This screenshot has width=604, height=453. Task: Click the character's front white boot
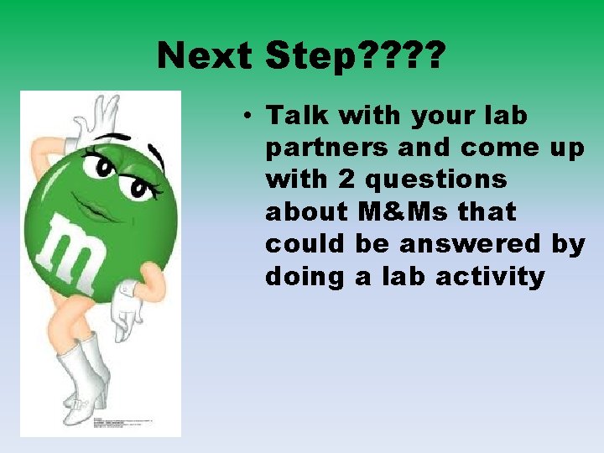79,377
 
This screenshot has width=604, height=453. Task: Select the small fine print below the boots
126,424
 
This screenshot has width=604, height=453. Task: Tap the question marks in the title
409,57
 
